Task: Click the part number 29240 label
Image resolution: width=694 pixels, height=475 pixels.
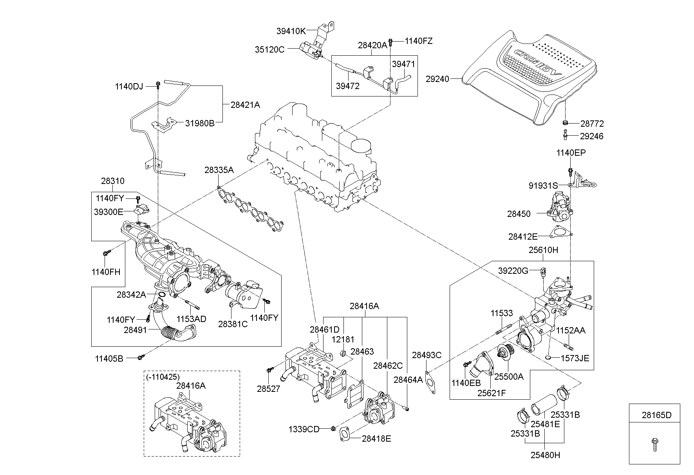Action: click(x=437, y=79)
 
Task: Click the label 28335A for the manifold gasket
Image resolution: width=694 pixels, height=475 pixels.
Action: click(x=219, y=170)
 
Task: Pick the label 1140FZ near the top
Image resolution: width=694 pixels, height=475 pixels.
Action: click(x=418, y=41)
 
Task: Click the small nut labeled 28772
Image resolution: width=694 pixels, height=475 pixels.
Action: click(x=565, y=123)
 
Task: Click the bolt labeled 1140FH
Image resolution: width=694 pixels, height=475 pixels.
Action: click(x=105, y=253)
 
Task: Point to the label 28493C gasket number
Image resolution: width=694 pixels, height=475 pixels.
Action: click(x=427, y=355)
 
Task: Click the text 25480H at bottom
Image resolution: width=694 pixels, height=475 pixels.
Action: click(x=545, y=455)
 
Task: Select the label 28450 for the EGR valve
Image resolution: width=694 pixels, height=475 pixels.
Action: click(x=519, y=214)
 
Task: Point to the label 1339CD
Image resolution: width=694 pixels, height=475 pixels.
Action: click(x=304, y=429)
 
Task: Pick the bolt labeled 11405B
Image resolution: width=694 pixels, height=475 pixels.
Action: click(x=141, y=357)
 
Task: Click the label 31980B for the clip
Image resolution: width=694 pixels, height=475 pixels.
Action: click(x=200, y=123)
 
